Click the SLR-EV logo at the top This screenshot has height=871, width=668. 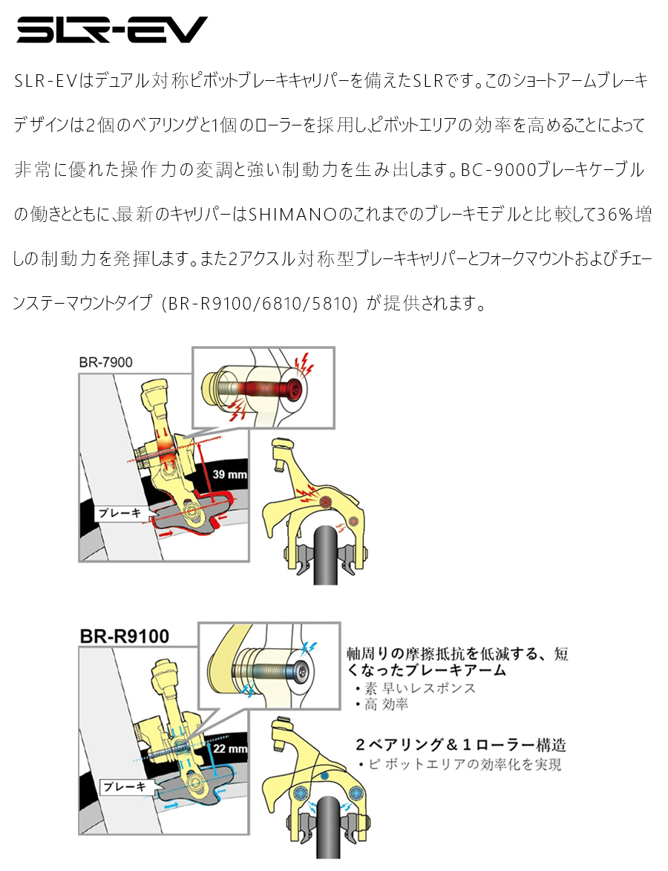(x=112, y=30)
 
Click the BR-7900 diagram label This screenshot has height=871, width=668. (x=105, y=362)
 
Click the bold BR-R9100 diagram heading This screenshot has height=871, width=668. (x=124, y=636)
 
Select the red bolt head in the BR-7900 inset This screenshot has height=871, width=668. (x=295, y=388)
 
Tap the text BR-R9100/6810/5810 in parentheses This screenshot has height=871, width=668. (x=262, y=305)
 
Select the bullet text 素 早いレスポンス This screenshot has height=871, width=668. (x=421, y=688)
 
